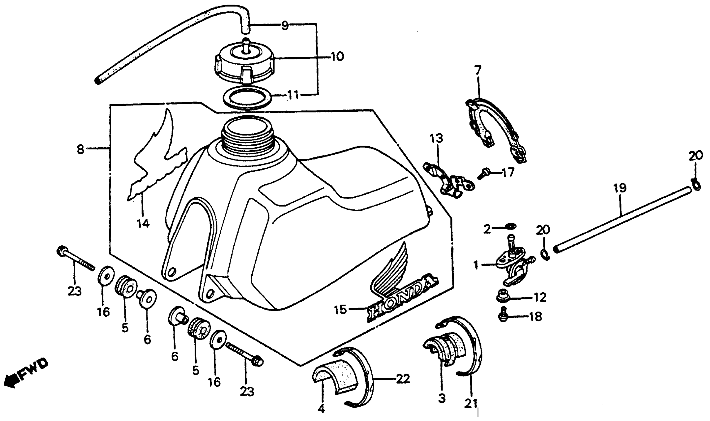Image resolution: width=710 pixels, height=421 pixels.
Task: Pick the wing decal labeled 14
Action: pyautogui.click(x=158, y=159)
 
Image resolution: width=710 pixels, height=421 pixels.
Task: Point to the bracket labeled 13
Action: pyautogui.click(x=449, y=182)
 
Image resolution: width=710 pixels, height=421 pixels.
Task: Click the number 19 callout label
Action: pyautogui.click(x=620, y=188)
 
